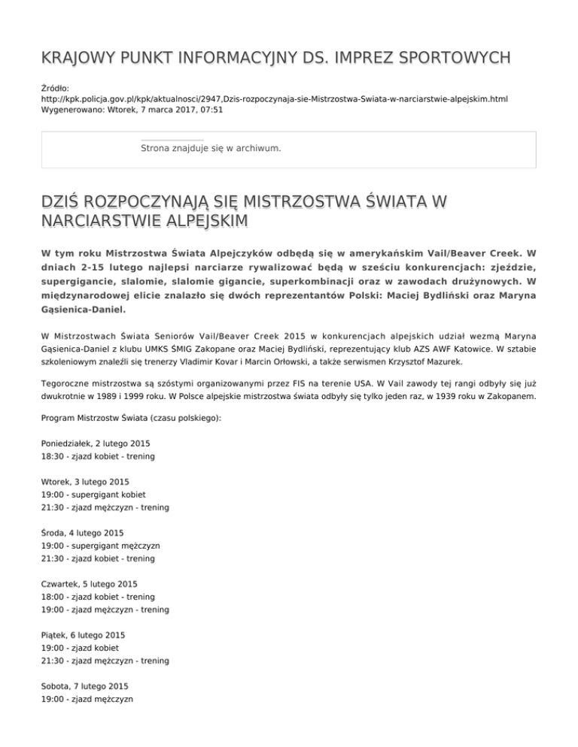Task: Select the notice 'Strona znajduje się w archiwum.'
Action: click(x=211, y=149)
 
